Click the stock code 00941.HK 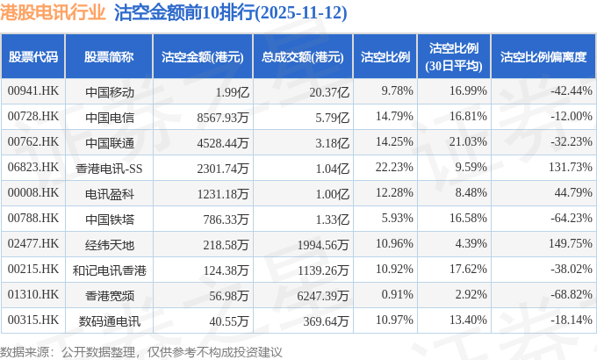coord(33,91)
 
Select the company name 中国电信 coord(110,117)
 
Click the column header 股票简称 coord(110,57)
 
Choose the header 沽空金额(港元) coord(202,57)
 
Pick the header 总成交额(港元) coord(302,57)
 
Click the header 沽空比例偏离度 coord(543,57)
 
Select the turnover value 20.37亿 coord(330,91)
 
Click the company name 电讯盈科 coord(110,193)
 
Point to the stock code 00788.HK coord(33,219)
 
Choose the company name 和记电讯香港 coord(110,270)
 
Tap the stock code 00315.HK coord(33,320)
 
